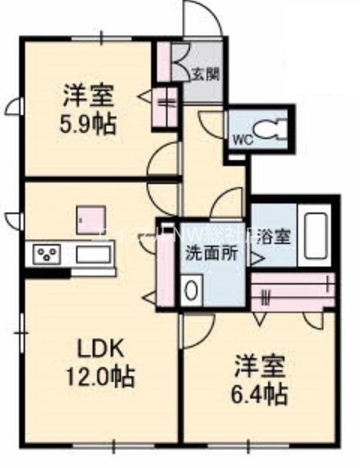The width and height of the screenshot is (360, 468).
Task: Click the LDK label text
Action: pyautogui.click(x=100, y=349)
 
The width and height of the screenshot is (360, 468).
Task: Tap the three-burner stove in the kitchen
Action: pyautogui.click(x=47, y=254)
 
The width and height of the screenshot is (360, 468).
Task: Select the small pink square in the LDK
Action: pyautogui.click(x=91, y=218)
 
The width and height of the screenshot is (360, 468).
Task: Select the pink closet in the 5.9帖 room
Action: pyautogui.click(x=164, y=107)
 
